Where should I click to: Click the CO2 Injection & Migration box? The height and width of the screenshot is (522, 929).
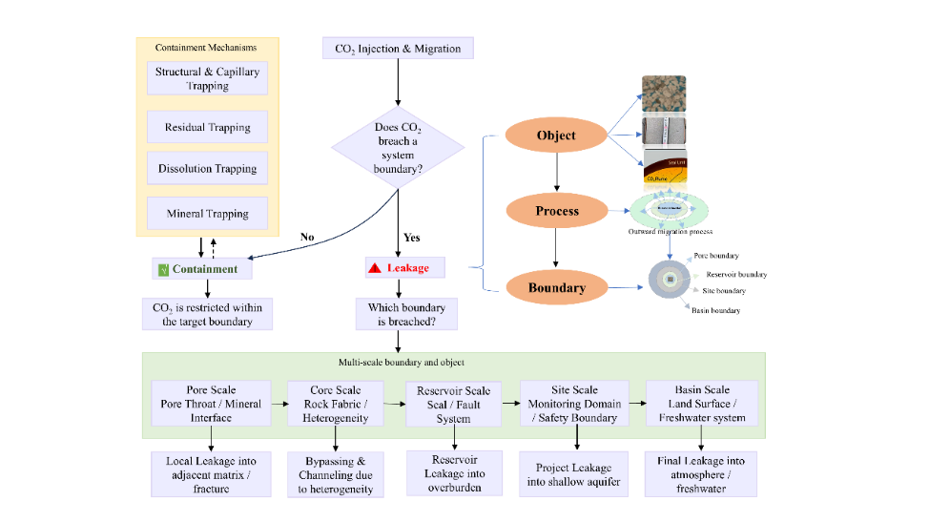click(x=398, y=49)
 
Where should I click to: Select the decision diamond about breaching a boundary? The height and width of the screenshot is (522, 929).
click(x=398, y=148)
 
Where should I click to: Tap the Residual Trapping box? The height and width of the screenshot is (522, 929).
click(x=207, y=127)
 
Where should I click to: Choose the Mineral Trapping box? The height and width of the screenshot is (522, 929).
click(x=207, y=214)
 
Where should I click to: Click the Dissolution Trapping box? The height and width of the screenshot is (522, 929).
click(x=207, y=170)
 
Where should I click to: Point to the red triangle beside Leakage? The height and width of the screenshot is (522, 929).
click(x=375, y=268)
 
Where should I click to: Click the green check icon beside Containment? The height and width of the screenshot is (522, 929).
click(x=162, y=269)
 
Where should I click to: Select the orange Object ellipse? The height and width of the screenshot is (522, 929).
click(x=556, y=136)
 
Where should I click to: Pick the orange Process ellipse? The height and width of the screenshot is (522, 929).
click(x=556, y=211)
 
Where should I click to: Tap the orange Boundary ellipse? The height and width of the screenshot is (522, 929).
click(x=556, y=286)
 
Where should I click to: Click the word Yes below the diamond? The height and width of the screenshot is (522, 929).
click(x=411, y=238)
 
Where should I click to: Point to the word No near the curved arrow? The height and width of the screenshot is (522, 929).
click(x=307, y=238)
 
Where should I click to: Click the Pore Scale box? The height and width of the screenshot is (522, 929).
click(x=212, y=404)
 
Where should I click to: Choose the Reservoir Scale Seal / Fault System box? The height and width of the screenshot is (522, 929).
click(x=453, y=405)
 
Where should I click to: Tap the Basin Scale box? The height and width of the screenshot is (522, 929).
click(x=702, y=403)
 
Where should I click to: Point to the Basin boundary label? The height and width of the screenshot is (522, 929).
click(x=715, y=311)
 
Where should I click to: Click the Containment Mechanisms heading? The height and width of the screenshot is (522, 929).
click(x=207, y=48)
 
